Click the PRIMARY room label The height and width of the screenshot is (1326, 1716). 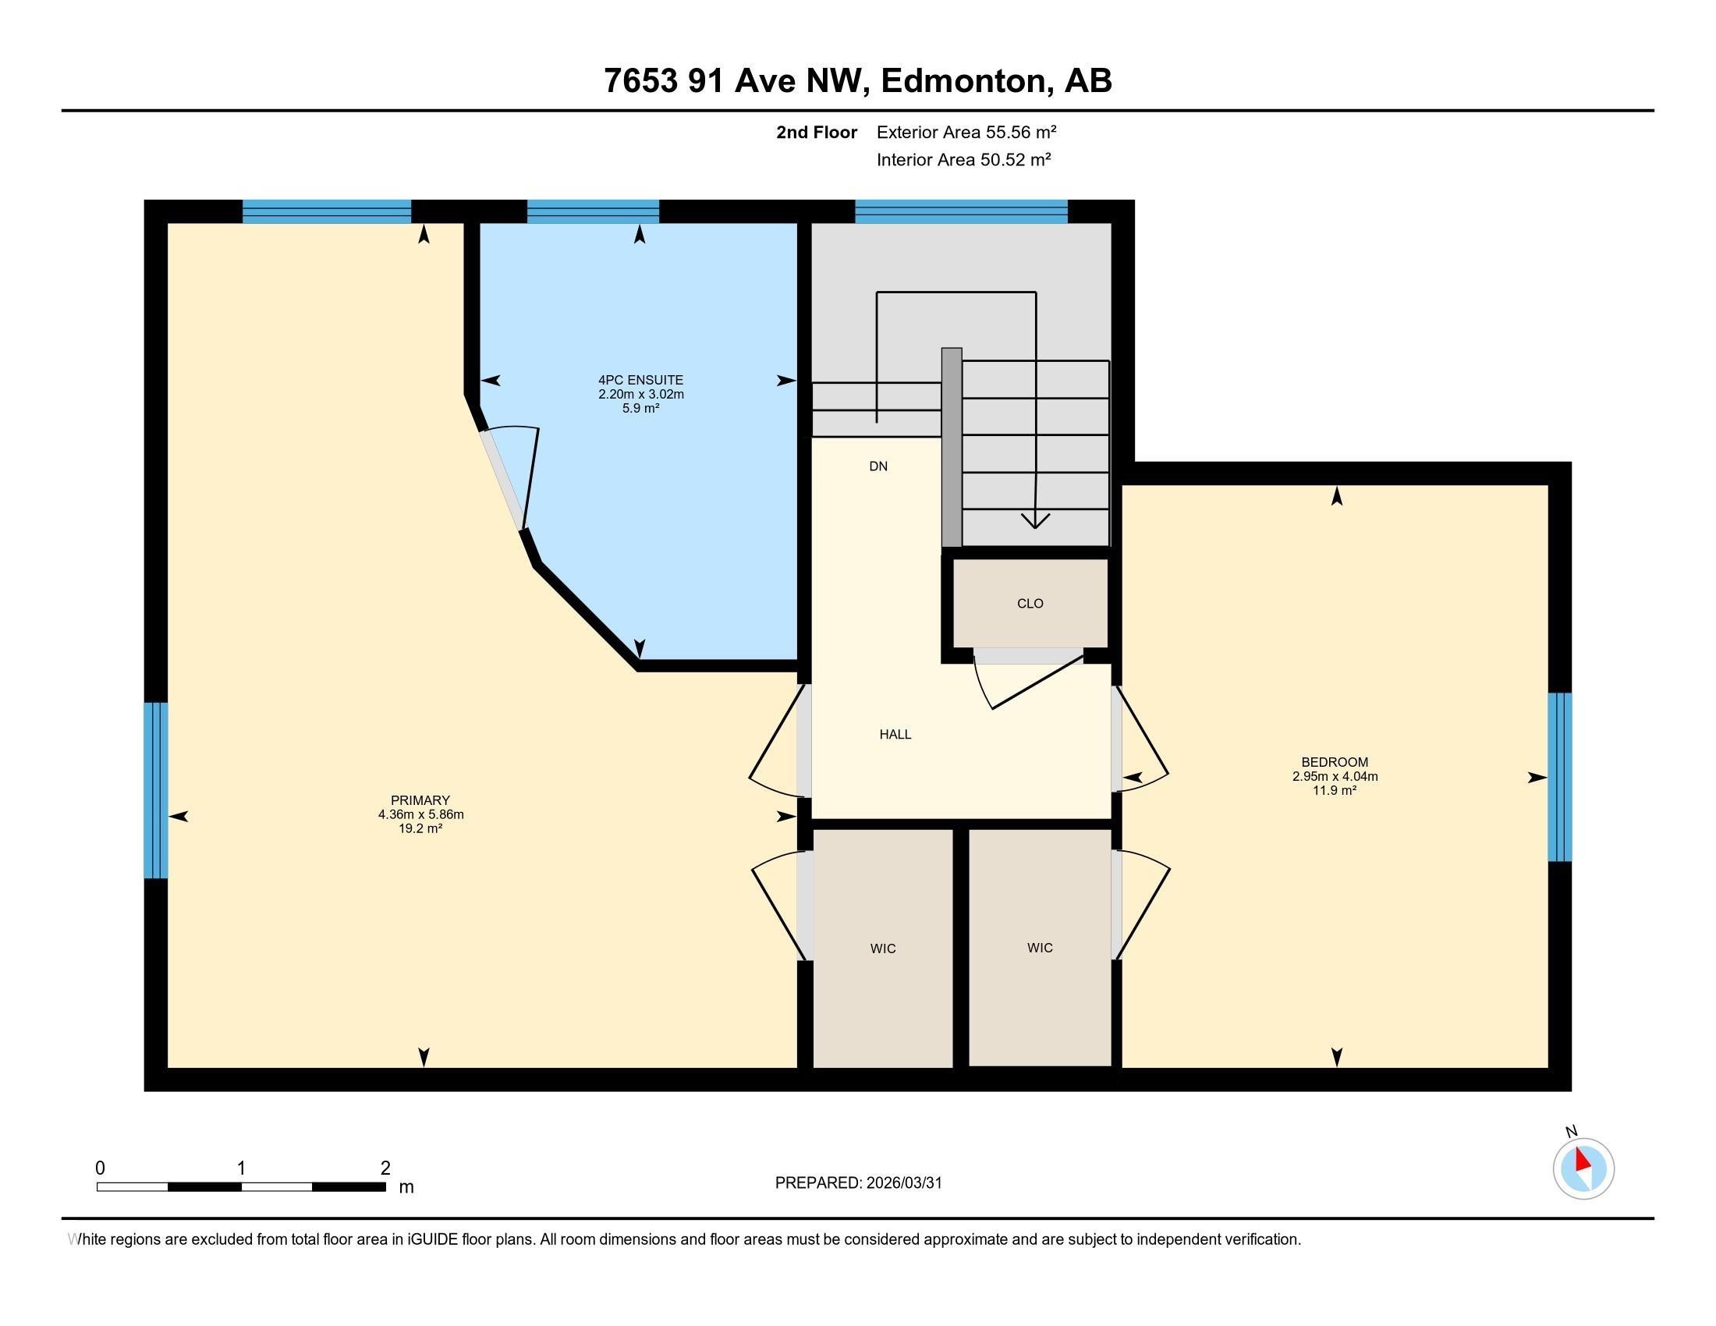pyautogui.click(x=420, y=800)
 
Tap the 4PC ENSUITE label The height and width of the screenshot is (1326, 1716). pyautogui.click(x=640, y=380)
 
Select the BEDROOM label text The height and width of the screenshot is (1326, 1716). pyautogui.click(x=1334, y=762)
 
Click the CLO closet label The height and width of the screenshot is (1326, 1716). pyautogui.click(x=1030, y=603)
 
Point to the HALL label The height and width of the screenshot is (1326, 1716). pyautogui.click(x=895, y=735)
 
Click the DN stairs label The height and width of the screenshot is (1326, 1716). pyautogui.click(x=877, y=466)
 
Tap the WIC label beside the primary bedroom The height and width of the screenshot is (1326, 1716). pyautogui.click(x=882, y=948)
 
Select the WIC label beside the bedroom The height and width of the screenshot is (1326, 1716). pyautogui.click(x=1039, y=948)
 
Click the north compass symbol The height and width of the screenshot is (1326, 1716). pyautogui.click(x=1583, y=1168)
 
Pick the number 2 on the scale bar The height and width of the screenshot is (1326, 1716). pyautogui.click(x=385, y=1168)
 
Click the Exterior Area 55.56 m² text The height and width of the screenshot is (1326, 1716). pyautogui.click(x=966, y=132)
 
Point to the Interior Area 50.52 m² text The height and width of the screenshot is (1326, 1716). pyautogui.click(x=963, y=159)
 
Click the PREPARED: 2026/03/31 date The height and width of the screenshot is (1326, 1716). pyautogui.click(x=858, y=1182)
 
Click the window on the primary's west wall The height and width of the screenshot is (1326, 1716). pyautogui.click(x=155, y=789)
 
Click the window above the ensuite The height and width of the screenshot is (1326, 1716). pyautogui.click(x=593, y=211)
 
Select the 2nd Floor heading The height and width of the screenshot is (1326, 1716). pyautogui.click(x=816, y=132)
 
